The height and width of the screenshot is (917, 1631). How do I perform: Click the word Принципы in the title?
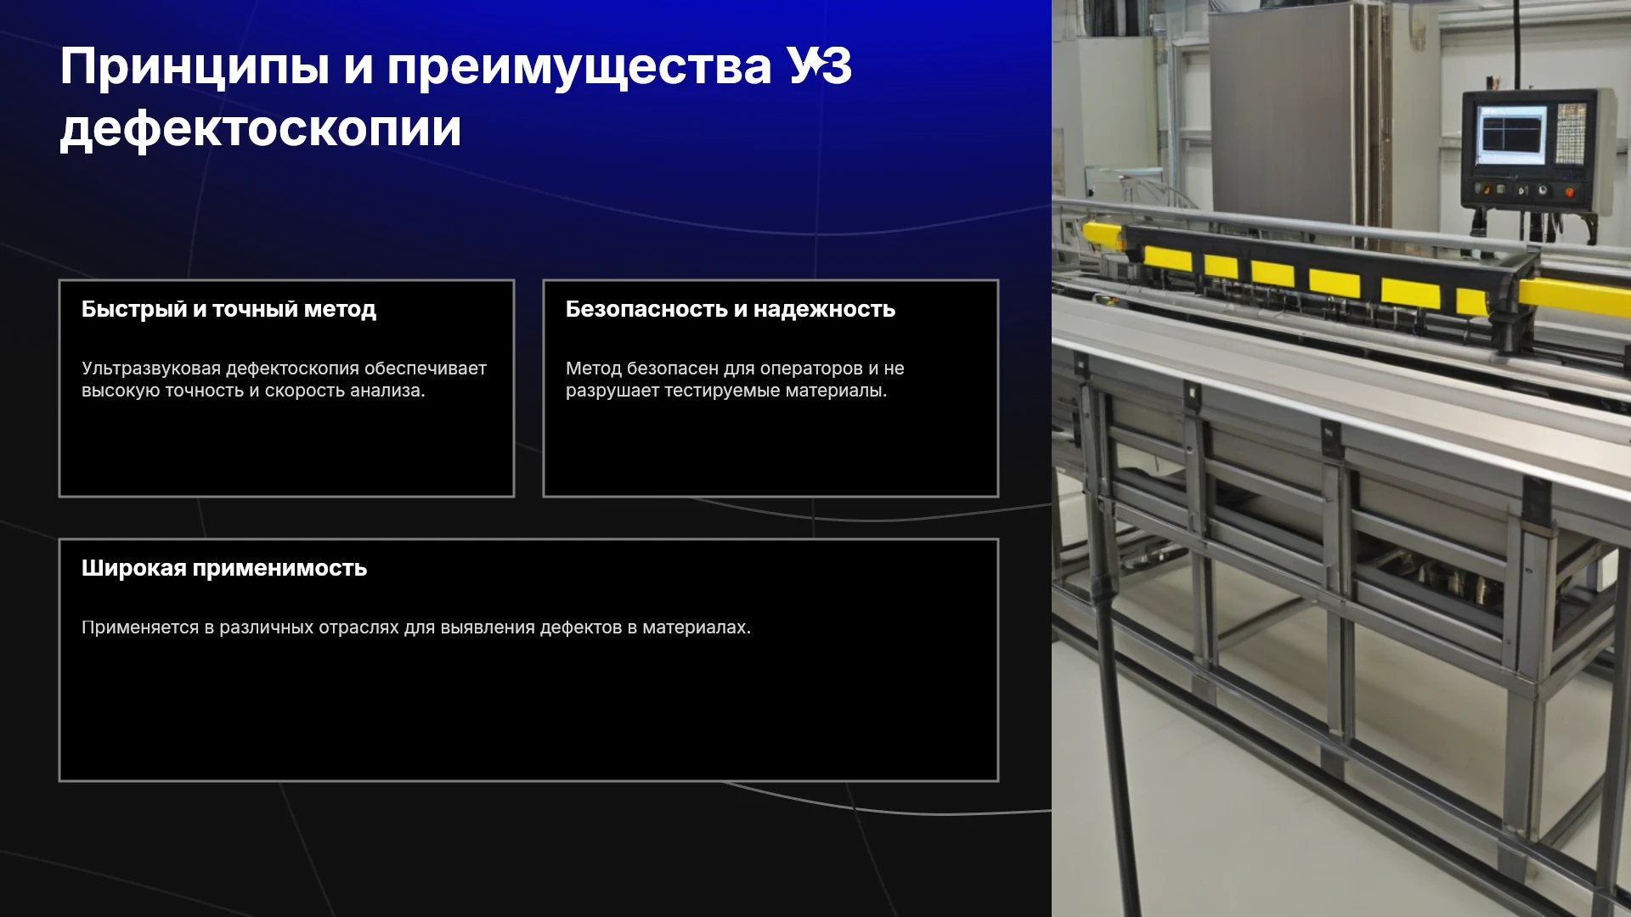[195, 68]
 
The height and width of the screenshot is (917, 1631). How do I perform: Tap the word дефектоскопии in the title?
[261, 130]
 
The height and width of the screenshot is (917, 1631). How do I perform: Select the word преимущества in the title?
[579, 68]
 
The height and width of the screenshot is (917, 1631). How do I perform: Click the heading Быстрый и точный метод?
[229, 309]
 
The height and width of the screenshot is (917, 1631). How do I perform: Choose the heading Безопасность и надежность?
[731, 309]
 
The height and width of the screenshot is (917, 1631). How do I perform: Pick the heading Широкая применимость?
[224, 568]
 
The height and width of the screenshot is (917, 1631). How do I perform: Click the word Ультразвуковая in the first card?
[151, 368]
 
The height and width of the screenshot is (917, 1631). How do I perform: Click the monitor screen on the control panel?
[1511, 134]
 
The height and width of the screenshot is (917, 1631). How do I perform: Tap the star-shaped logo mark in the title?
[813, 65]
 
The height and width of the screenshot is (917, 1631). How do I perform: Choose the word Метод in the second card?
[593, 368]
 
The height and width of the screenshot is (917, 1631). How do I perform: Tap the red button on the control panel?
[1570, 192]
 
